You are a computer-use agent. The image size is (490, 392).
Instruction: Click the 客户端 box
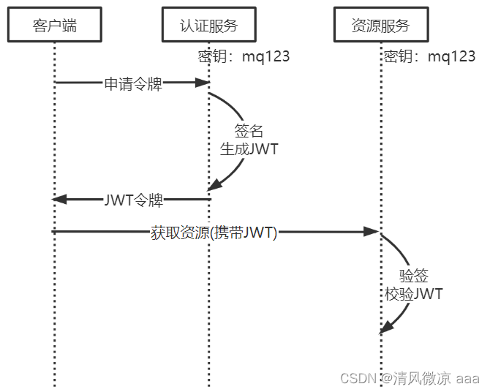(55, 26)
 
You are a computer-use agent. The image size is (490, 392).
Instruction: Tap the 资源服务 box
(380, 26)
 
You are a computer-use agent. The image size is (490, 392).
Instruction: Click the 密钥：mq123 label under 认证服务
(244, 56)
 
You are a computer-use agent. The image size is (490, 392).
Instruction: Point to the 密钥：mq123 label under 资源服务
(429, 56)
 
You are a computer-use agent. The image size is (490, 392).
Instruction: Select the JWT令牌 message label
(134, 200)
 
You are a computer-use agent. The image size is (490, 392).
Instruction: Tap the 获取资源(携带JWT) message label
(214, 233)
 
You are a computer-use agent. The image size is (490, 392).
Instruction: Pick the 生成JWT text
(249, 148)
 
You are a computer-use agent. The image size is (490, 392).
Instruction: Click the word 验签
(413, 276)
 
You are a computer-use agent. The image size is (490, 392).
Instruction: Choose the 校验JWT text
(413, 294)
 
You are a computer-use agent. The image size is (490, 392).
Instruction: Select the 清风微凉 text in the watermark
(422, 378)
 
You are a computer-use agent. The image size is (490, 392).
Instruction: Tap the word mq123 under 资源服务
(451, 56)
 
